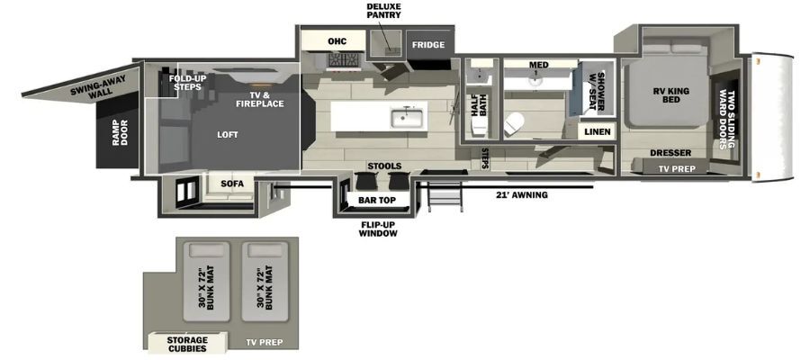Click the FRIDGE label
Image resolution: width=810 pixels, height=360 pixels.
click(428, 45)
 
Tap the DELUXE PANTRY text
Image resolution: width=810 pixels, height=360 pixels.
click(383, 10)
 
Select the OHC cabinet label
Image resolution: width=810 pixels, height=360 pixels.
click(337, 41)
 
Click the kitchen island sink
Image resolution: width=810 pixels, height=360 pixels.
click(408, 118)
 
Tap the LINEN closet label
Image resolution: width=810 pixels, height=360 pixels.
click(598, 132)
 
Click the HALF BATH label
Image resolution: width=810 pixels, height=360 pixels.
click(479, 110)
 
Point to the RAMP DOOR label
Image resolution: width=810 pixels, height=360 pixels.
click(120, 132)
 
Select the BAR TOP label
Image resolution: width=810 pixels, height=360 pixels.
click(377, 200)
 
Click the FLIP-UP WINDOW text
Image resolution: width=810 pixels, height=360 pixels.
click(379, 229)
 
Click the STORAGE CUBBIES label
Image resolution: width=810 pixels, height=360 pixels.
click(187, 345)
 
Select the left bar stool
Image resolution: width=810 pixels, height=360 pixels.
click(365, 181)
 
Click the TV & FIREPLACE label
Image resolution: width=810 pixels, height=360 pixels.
click(260, 100)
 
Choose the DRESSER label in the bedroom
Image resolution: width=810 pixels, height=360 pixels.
click(670, 153)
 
